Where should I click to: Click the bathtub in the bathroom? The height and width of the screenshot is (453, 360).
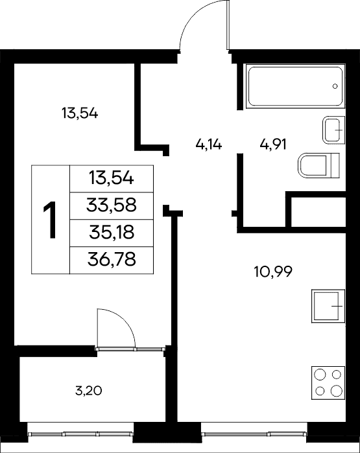[296, 86]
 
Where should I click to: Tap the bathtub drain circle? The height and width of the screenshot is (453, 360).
[335, 86]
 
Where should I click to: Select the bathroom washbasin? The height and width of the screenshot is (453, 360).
[333, 130]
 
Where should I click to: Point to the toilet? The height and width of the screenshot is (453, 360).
[318, 165]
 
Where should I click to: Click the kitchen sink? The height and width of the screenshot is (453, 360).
[328, 306]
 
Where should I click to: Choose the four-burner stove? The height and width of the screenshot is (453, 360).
[328, 383]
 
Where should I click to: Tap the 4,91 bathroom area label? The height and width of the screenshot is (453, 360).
[273, 144]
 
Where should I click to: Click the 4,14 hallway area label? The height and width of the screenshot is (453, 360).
[208, 144]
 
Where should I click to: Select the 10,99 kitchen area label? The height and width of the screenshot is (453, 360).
[273, 272]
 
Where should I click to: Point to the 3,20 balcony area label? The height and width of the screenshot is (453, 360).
[88, 391]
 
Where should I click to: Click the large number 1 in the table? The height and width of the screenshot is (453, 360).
[50, 220]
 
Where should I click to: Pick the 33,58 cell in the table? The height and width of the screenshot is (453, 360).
[112, 205]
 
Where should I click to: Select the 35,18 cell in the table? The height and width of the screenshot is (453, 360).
[112, 232]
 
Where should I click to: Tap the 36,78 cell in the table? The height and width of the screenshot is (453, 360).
[112, 259]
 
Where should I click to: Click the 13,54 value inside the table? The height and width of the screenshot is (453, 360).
[112, 178]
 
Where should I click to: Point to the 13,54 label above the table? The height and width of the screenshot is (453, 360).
[80, 113]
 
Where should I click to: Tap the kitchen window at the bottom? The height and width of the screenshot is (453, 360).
[254, 434]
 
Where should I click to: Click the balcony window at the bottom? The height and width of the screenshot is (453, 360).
[80, 434]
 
